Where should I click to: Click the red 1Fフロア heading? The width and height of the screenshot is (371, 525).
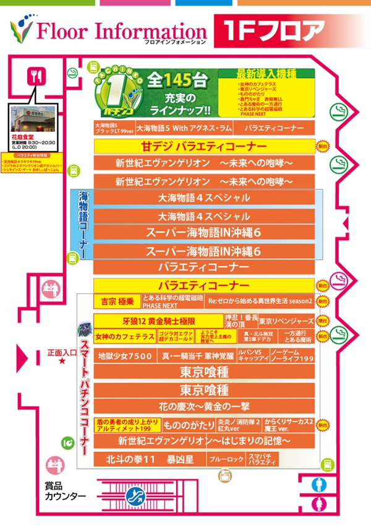point(271,31)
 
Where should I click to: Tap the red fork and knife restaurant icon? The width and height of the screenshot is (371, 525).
point(35,77)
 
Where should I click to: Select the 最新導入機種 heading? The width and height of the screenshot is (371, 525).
point(265,73)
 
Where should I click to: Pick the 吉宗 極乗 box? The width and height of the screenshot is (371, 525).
point(117,302)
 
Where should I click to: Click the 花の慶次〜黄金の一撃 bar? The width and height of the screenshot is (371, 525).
point(203,407)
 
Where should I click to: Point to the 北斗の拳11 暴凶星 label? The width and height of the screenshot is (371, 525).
point(143,460)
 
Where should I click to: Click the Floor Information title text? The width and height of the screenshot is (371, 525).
point(121,31)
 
